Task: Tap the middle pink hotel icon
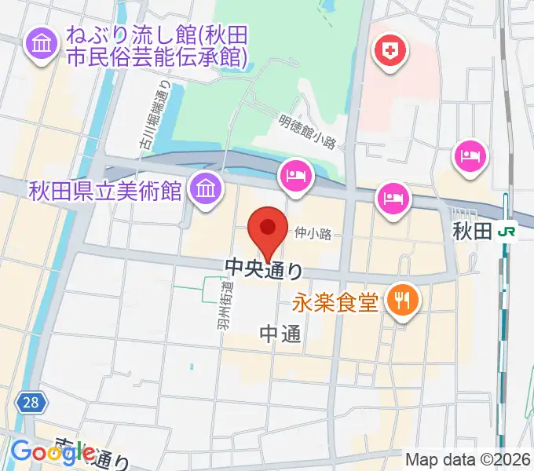click(x=393, y=197)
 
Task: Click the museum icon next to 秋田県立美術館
click(x=205, y=189)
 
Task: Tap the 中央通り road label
click(x=264, y=270)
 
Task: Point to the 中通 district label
click(x=280, y=334)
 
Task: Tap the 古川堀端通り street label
click(x=157, y=115)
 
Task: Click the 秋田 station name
click(x=472, y=231)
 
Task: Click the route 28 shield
click(x=30, y=403)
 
